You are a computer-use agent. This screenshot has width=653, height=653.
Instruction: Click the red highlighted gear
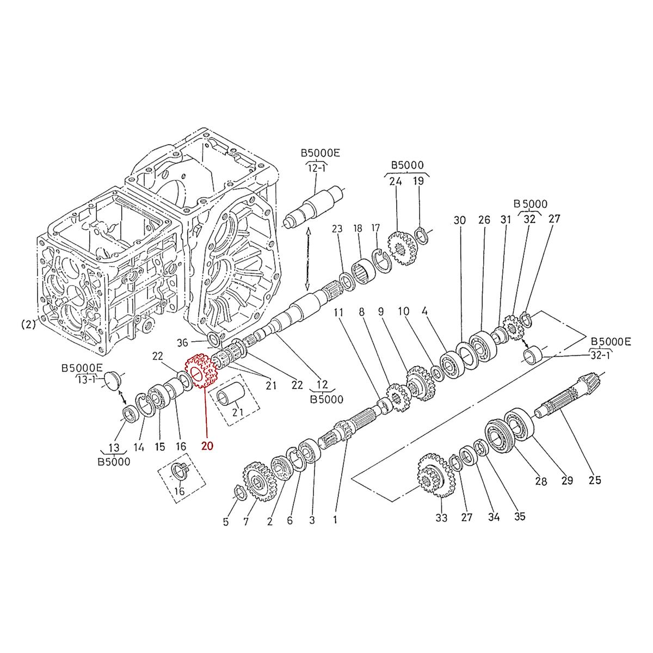[x=202, y=371]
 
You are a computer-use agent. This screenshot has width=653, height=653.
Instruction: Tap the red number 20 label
[x=207, y=446]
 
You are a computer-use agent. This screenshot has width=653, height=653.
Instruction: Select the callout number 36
[x=183, y=342]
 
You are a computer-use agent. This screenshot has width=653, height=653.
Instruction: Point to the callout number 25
[x=595, y=480]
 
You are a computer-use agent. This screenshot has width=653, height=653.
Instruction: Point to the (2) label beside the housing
[x=28, y=324]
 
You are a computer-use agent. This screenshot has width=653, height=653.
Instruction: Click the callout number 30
[x=460, y=220]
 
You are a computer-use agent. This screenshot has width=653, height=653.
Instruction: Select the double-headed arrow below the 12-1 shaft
[x=308, y=260]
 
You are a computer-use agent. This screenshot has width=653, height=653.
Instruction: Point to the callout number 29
[x=567, y=480]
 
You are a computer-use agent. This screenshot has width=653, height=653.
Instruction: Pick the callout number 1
[x=335, y=520]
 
